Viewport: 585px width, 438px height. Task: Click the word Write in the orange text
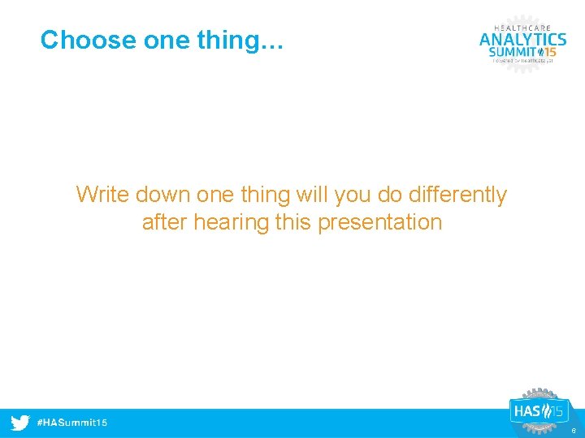pos(103,195)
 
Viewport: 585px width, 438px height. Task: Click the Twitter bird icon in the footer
pos(20,423)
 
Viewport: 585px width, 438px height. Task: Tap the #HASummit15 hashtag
pos(72,423)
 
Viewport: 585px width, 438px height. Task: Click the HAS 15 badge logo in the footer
pos(536,411)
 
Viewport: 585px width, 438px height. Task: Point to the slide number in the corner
pos(574,432)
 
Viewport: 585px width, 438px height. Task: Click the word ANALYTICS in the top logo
pos(522,38)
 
